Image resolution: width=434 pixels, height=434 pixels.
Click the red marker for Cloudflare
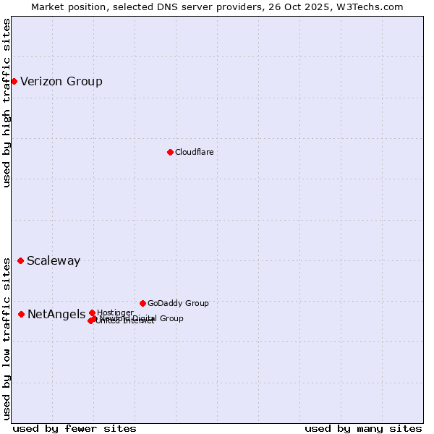pyautogui.click(x=170, y=152)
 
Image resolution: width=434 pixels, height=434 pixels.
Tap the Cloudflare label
pyautogui.click(x=194, y=152)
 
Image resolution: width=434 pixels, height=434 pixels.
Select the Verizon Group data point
pyautogui.click(x=14, y=81)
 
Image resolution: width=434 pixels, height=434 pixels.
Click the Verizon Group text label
pyautogui.click(x=61, y=81)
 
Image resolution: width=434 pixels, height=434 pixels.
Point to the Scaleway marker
pyautogui.click(x=20, y=260)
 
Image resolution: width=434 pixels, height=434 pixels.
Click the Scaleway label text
pyautogui.click(x=54, y=261)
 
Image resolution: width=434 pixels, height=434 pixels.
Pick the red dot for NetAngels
pyautogui.click(x=21, y=314)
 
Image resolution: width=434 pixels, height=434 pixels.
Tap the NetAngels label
pyautogui.click(x=56, y=315)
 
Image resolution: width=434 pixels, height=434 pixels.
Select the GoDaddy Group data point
pyautogui.click(x=142, y=303)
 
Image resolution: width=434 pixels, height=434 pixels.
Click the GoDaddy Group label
pyautogui.click(x=178, y=303)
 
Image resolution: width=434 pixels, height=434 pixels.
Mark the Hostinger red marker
pyautogui.click(x=92, y=312)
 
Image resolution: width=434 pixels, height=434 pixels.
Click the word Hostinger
pyautogui.click(x=115, y=312)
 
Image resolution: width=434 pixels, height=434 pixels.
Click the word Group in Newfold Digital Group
pyautogui.click(x=171, y=318)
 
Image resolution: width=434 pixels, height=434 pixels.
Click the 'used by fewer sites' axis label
pyautogui.click(x=75, y=428)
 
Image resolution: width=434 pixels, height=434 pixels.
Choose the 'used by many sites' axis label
pyautogui.click(x=363, y=428)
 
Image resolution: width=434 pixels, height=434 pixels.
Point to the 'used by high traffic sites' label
pyautogui.click(x=7, y=103)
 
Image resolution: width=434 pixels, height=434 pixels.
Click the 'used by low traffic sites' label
pyautogui.click(x=7, y=336)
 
